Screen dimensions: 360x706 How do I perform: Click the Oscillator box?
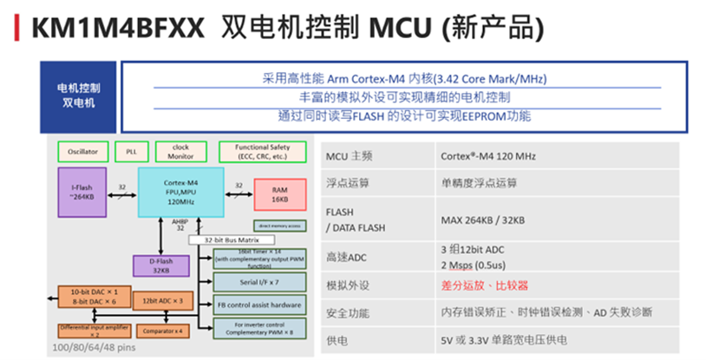[82, 152]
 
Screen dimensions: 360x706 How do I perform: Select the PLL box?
[131, 152]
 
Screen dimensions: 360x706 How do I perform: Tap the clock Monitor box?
[180, 152]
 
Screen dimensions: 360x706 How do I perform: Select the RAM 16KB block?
[279, 193]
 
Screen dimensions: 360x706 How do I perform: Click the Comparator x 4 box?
[165, 331]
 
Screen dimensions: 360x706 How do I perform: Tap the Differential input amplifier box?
[94, 331]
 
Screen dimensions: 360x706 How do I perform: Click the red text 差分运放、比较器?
[484, 285]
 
